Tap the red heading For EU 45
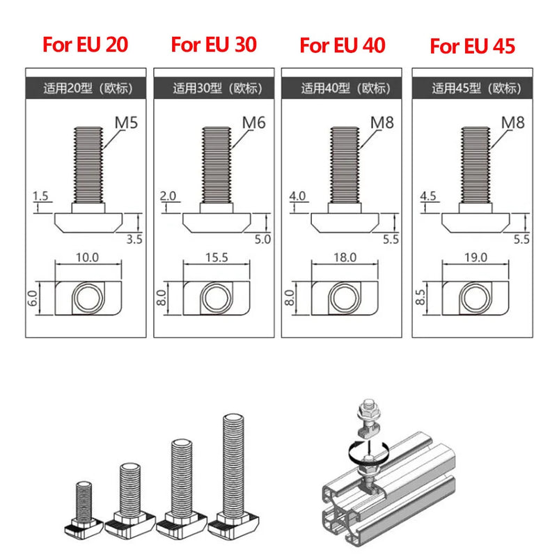[473, 47]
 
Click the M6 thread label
[254, 123]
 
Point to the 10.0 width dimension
[88, 257]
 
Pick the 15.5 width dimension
[217, 257]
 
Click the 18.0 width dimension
[345, 257]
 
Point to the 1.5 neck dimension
[41, 197]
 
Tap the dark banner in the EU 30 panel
[217, 88]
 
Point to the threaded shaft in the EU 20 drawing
[88, 161]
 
